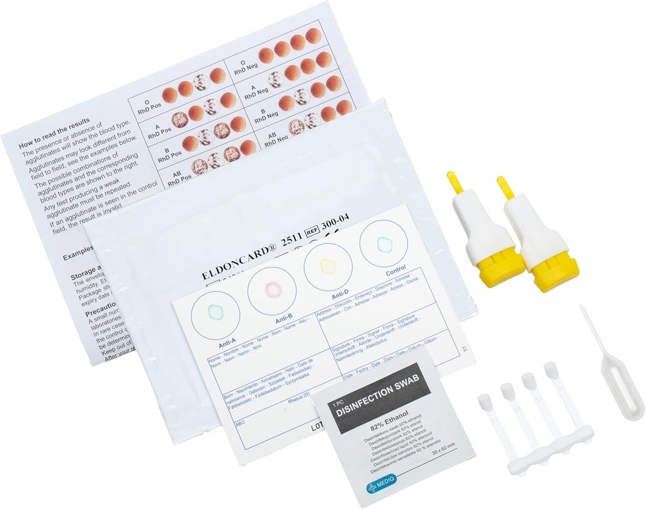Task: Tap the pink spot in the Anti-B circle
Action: coord(271,288)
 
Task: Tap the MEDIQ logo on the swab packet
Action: coord(380,485)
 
